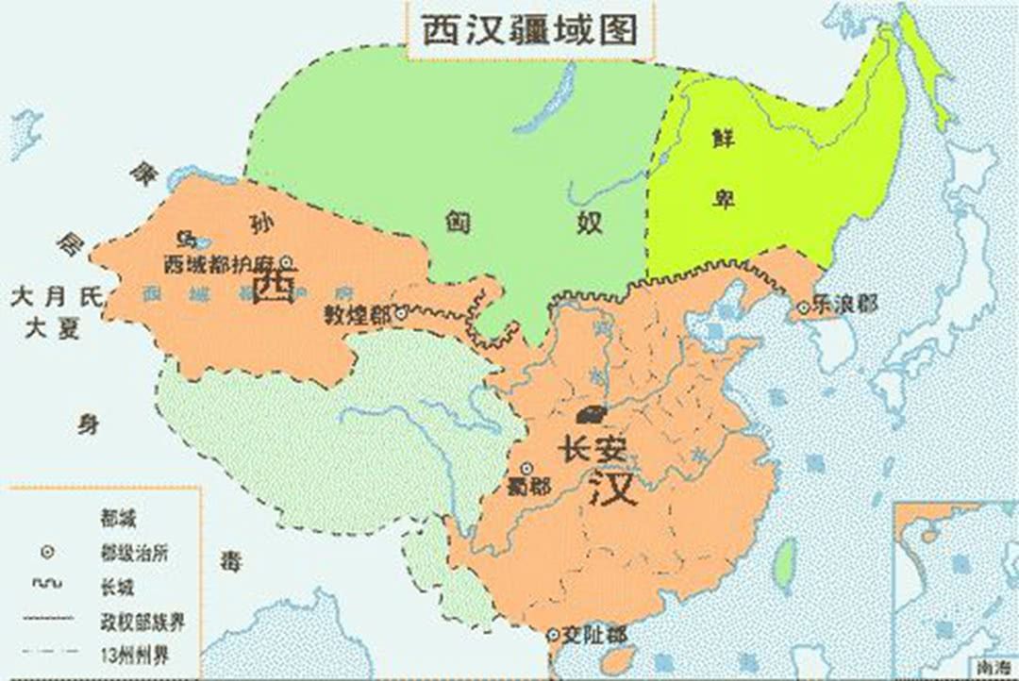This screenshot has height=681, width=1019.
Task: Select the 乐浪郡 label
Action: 845,305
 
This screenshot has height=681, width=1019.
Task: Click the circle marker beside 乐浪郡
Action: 803,307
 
